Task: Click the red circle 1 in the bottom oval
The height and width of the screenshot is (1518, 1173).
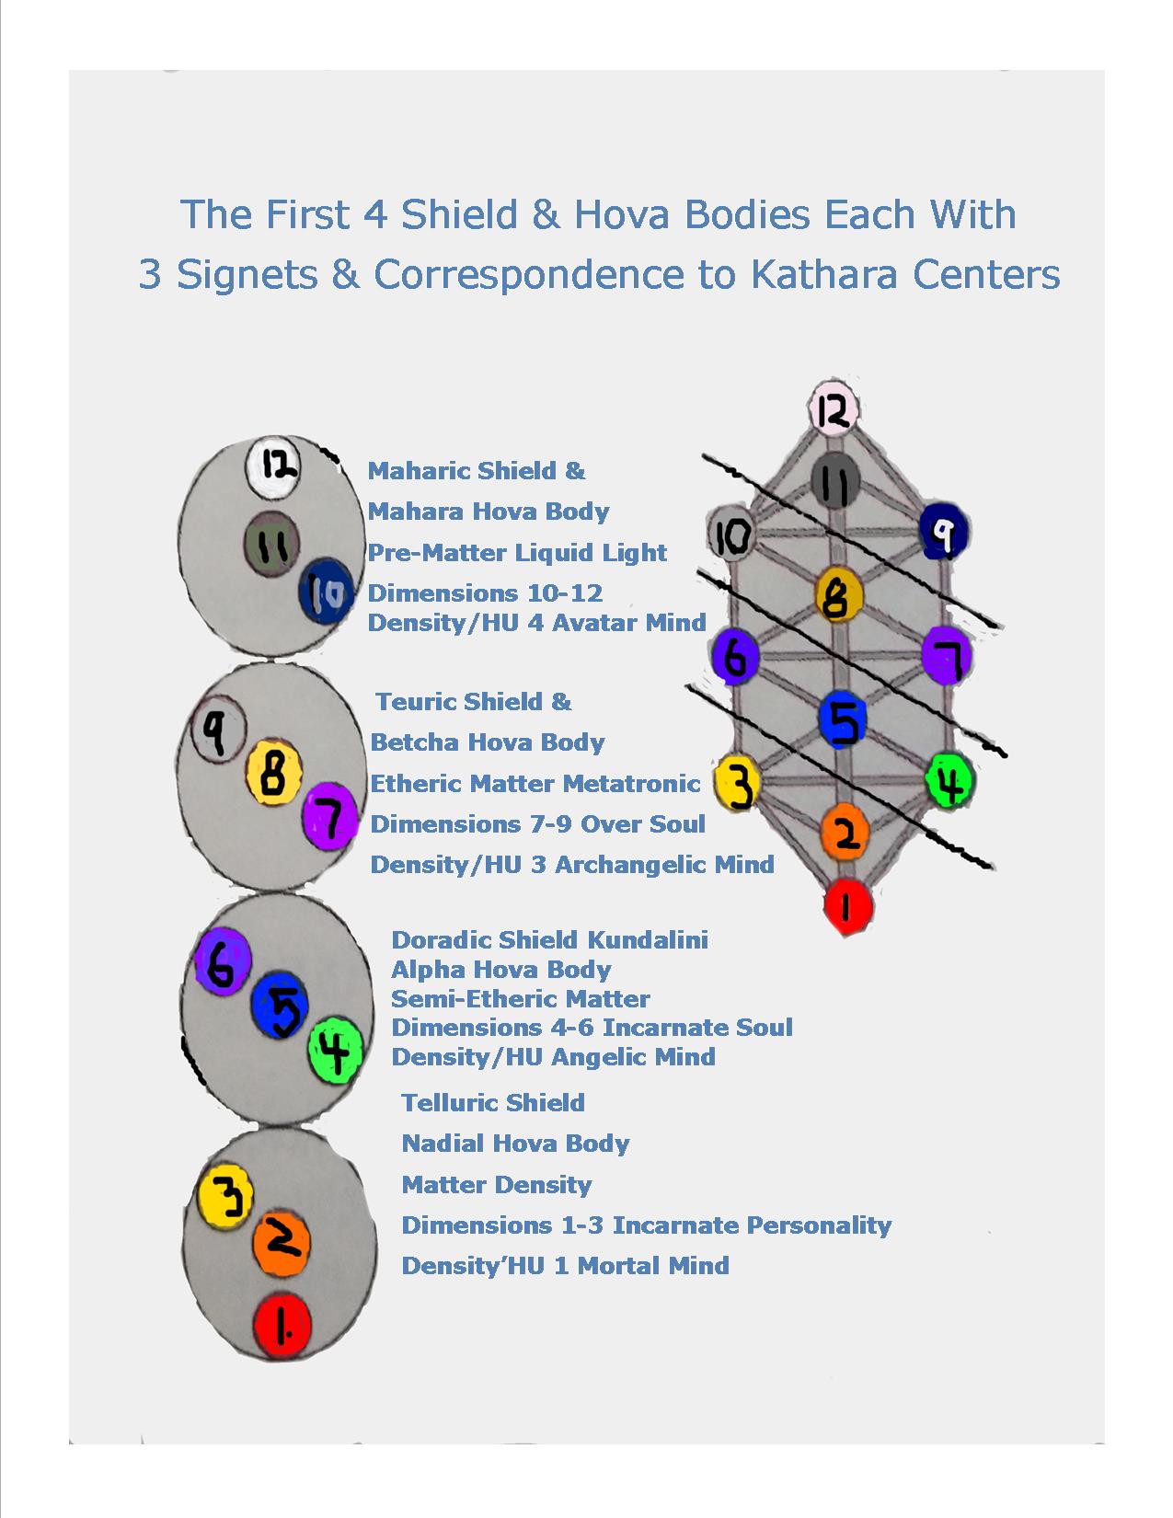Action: click(282, 1325)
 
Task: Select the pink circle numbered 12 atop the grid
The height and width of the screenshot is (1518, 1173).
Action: click(834, 409)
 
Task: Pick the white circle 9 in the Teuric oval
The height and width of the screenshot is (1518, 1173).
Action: click(218, 730)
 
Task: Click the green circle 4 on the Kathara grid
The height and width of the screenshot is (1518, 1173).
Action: click(949, 780)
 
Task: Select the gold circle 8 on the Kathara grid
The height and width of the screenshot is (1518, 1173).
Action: click(839, 595)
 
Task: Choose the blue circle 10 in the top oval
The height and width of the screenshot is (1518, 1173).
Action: click(326, 592)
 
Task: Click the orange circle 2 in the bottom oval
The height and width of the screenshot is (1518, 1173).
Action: click(281, 1244)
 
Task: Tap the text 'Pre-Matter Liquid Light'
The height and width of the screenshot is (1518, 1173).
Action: click(517, 552)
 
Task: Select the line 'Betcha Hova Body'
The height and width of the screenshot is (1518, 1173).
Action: click(488, 742)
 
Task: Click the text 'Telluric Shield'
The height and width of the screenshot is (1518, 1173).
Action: click(493, 1102)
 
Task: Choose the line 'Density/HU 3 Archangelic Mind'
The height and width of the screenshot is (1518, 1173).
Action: click(572, 864)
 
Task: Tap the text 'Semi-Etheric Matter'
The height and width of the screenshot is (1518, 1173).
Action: click(521, 998)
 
